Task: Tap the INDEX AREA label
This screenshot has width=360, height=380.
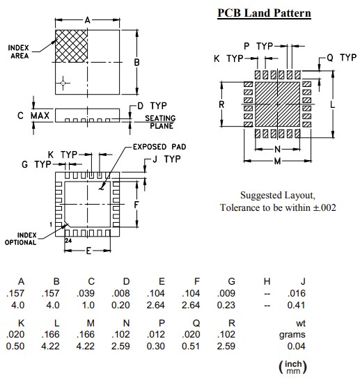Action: pos(19,52)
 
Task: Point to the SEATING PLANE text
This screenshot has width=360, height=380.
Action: pos(159,122)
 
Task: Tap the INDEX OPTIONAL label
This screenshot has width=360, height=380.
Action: pos(21,239)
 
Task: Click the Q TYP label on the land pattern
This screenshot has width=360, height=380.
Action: pos(341,58)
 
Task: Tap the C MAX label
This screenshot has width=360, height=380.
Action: pos(34,116)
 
